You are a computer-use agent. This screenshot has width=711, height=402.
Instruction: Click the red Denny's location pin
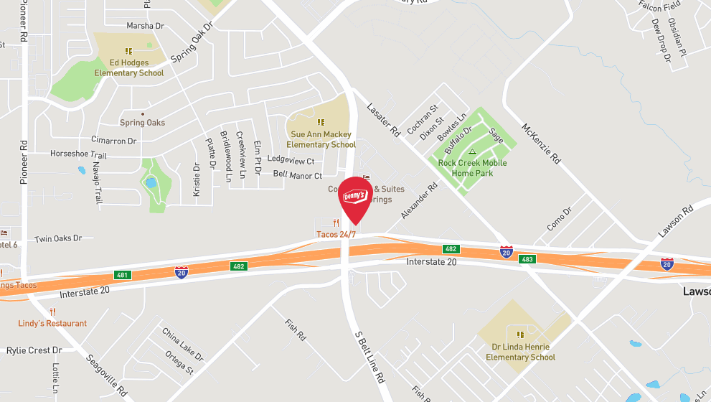[x=355, y=199]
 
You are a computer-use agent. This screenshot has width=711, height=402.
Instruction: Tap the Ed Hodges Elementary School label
[x=129, y=68]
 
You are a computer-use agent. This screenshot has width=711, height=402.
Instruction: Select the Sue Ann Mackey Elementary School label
[x=321, y=139]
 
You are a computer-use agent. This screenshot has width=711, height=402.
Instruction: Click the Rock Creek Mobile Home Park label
[x=472, y=168]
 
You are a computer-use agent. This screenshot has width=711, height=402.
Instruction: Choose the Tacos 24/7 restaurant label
[x=336, y=235]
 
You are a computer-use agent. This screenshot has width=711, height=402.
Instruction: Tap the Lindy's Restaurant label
[x=52, y=323]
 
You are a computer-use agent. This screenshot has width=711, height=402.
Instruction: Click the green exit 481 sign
[x=123, y=276]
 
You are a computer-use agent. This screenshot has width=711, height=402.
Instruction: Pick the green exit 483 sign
[x=527, y=258]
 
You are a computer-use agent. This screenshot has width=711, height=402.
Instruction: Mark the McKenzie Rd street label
[x=540, y=141]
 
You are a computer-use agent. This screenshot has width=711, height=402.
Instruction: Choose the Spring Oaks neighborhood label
[x=142, y=123]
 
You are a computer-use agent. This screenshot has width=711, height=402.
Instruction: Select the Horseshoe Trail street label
[x=78, y=154]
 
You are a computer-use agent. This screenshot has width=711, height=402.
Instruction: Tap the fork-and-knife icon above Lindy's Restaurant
[x=52, y=312]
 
